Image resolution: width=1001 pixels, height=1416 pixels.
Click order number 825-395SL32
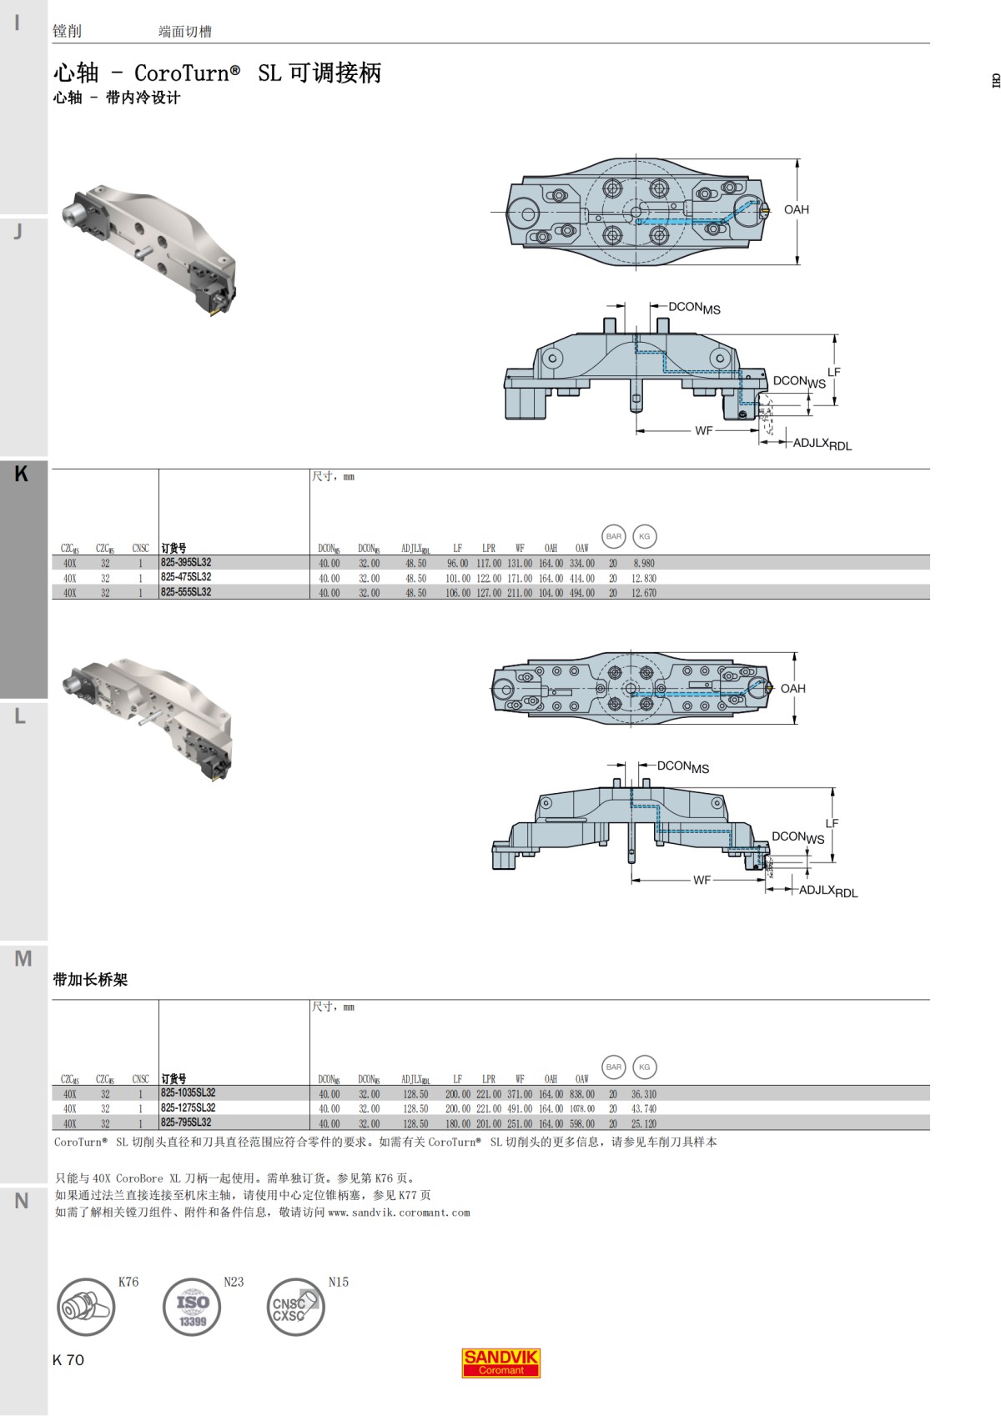click(x=186, y=563)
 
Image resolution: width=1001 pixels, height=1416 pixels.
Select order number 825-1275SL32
click(x=189, y=1108)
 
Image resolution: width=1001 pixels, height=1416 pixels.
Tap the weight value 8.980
click(x=643, y=564)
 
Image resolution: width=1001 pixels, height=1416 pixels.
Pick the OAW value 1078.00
click(x=582, y=1109)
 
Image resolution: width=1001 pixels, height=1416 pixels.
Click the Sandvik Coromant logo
click(x=500, y=1363)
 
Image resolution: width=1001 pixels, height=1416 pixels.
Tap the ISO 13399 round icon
click(x=192, y=1307)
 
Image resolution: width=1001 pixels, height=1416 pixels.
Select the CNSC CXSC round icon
click(x=295, y=1307)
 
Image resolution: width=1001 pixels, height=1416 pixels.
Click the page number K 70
click(x=68, y=1360)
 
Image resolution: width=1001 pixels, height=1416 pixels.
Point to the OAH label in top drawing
click(x=796, y=210)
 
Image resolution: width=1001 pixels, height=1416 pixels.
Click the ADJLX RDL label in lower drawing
click(x=827, y=891)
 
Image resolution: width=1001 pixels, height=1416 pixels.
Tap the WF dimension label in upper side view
click(x=703, y=431)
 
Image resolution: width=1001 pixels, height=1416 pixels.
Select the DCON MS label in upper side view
click(x=694, y=308)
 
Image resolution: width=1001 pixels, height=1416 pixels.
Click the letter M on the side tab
click(x=23, y=959)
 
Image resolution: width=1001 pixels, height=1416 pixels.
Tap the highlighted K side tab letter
click(x=22, y=475)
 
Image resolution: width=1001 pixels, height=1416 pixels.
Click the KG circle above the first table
click(x=644, y=536)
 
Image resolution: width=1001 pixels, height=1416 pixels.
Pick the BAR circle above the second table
click(x=614, y=1067)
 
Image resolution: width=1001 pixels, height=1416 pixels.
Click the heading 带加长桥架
click(x=90, y=980)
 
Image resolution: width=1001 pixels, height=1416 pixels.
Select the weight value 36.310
click(x=643, y=1094)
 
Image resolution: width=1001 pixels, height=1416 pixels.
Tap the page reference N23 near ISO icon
click(x=234, y=1282)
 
